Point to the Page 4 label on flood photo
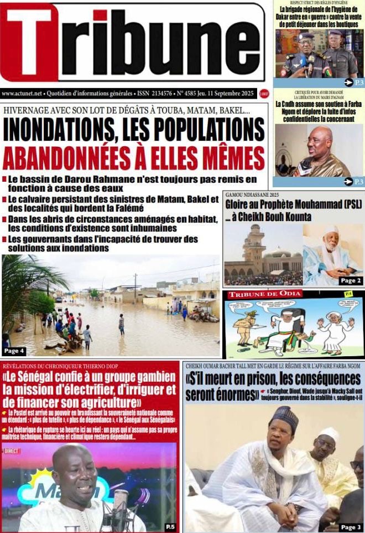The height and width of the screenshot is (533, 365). (14, 351)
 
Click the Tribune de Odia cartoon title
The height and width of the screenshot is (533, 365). (264, 294)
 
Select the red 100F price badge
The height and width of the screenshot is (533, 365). (264, 94)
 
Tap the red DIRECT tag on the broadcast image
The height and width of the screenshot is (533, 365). (11, 451)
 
